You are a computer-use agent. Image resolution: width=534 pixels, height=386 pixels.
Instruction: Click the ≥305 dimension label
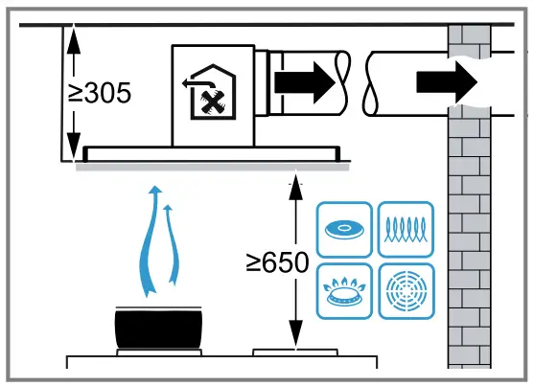(100, 94)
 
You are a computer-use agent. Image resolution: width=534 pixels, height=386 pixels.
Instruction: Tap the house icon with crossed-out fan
(213, 94)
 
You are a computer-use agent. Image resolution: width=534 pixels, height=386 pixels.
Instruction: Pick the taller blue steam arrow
(151, 239)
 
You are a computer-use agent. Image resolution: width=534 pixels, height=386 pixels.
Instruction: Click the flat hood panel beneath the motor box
(212, 152)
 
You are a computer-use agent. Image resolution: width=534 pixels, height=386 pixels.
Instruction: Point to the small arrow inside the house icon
(191, 84)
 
